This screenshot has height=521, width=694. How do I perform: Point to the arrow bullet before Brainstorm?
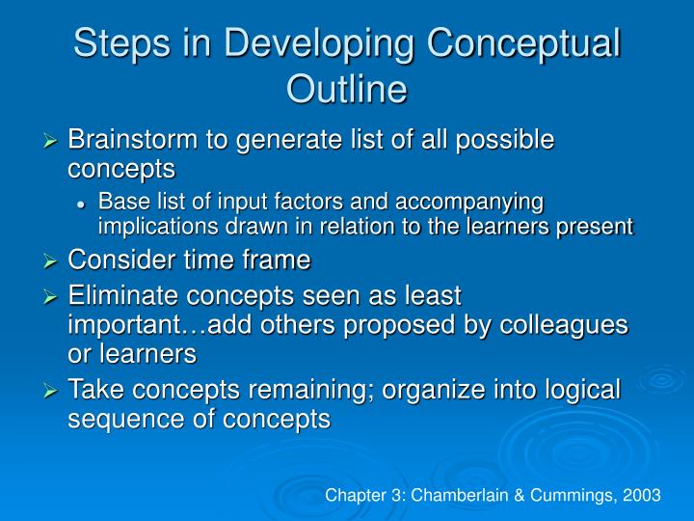[x=53, y=141]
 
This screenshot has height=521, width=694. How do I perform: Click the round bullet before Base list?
[x=85, y=204]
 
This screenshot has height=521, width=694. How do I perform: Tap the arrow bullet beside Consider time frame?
[x=53, y=261]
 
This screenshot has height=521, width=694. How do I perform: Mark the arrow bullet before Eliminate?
[x=53, y=296]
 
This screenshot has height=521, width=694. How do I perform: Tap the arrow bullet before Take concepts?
[x=53, y=390]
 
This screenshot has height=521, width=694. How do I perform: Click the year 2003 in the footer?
[x=641, y=495]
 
